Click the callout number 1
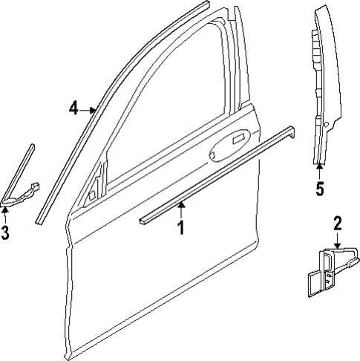pos(179,227)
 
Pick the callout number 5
pos(320,189)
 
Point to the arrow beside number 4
pos(89,110)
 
